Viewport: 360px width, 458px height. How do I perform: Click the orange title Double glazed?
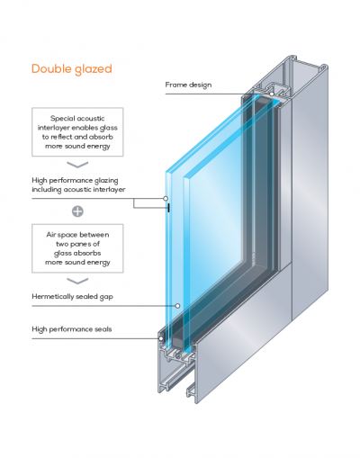[x=72, y=69]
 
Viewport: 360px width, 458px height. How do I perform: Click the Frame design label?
[x=188, y=85]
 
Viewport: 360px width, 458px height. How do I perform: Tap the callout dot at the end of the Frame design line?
[x=272, y=94]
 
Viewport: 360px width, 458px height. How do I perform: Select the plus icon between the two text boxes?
[x=77, y=211]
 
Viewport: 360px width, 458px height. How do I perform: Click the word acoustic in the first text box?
[x=91, y=118]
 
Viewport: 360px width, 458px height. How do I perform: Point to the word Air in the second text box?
[x=50, y=235]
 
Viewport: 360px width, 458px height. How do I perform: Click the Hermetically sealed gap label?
[x=72, y=297]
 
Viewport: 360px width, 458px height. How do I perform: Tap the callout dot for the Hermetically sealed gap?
[x=177, y=306]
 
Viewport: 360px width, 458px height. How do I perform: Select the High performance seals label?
[x=72, y=329]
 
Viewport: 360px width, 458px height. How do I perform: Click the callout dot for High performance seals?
[x=161, y=338]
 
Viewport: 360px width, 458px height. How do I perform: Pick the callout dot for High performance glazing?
[x=166, y=198]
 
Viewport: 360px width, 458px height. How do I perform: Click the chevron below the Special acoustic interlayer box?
[x=77, y=165]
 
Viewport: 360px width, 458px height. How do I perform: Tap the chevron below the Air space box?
[x=77, y=281]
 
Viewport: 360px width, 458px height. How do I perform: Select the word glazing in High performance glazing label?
[x=106, y=181]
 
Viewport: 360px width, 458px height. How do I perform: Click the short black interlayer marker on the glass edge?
[x=168, y=208]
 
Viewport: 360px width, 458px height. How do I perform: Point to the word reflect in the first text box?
[x=61, y=137]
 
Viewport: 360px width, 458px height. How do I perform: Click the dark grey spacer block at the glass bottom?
[x=177, y=342]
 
